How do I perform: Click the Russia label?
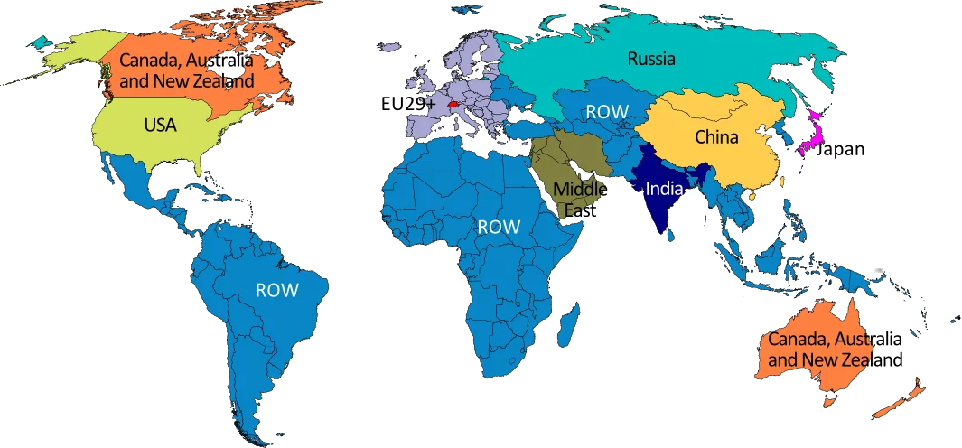651,60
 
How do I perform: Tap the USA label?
161,126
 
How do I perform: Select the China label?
716,137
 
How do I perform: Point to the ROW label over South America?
277,290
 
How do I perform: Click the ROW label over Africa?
499,227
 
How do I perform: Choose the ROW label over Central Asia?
607,112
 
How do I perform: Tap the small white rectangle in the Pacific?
878,270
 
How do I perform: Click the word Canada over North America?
147,61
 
